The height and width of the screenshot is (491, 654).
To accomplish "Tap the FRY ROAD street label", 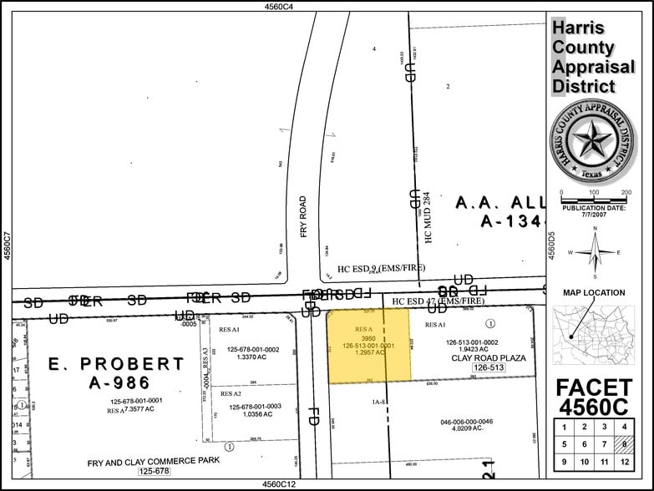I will [303, 216].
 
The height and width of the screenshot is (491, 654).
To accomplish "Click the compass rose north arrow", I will [596, 251].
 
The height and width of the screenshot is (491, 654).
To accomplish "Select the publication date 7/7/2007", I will [596, 215].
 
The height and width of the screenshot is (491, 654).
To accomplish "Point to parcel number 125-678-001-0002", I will [247, 349].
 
